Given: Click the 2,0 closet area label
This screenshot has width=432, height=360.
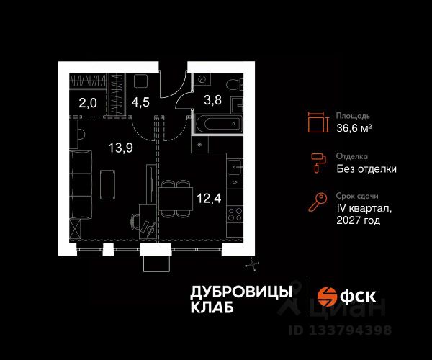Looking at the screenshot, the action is (x=88, y=103).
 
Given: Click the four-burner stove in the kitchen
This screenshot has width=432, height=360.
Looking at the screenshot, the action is (x=235, y=214).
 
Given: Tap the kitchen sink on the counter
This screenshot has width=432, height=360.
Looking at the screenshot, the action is (x=235, y=170).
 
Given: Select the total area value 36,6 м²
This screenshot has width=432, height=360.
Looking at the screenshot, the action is (x=354, y=127).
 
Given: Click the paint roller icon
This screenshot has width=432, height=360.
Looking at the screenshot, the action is (x=316, y=163).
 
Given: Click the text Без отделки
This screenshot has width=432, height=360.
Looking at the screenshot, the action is (x=366, y=169).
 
